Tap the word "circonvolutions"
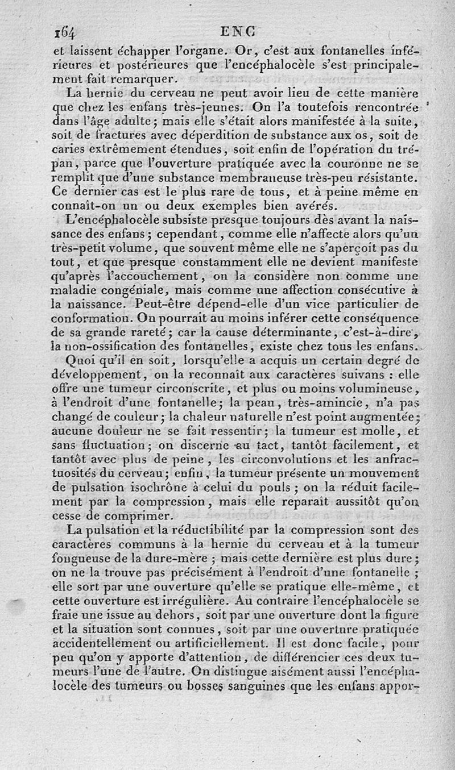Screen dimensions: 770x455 [x=301, y=459]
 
